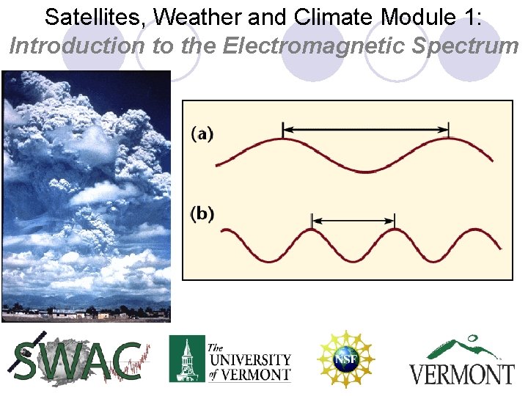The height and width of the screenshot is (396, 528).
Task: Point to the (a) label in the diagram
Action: tap(203, 134)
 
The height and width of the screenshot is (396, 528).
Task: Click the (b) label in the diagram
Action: tap(203, 213)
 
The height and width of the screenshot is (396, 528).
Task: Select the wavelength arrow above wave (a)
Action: tap(366, 129)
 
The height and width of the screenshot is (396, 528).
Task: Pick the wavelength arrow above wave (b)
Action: tap(353, 219)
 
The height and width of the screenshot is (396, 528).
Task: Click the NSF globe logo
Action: tap(345, 359)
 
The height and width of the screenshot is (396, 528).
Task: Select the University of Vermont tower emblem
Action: tap(186, 359)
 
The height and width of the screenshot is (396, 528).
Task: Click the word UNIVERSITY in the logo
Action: tap(249, 360)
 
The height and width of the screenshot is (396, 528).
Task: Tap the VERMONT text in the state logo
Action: tap(461, 373)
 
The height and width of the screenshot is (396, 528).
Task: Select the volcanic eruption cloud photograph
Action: tap(87, 196)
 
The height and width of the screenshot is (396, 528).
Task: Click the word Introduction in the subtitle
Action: tap(78, 46)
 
